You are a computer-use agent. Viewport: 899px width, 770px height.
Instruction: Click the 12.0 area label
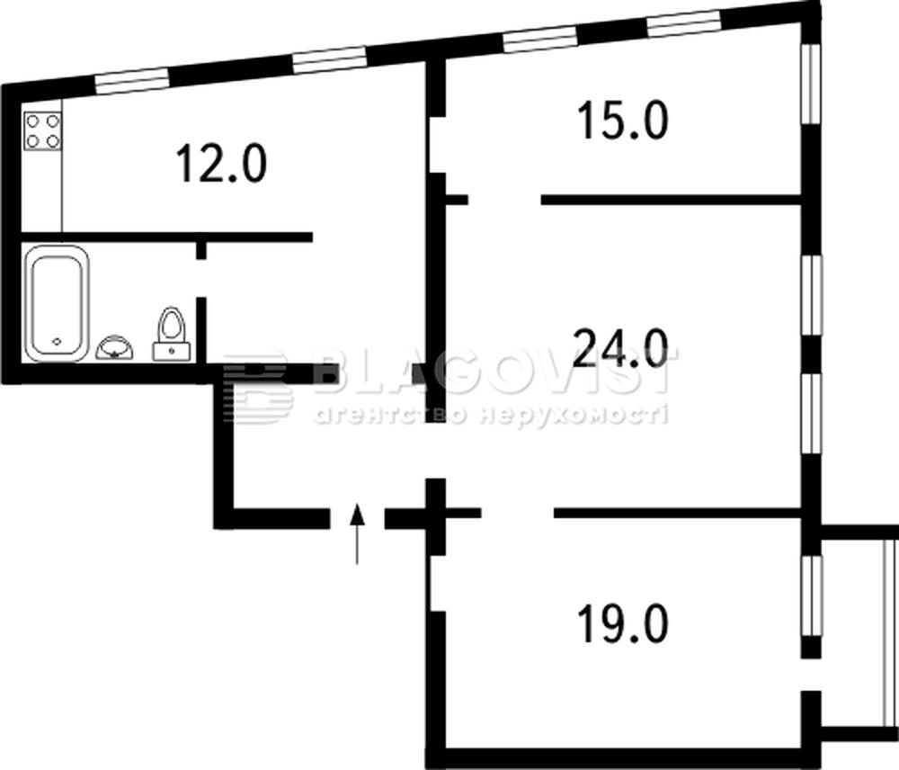click(x=221, y=163)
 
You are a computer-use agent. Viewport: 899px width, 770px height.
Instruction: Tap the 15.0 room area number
click(x=623, y=120)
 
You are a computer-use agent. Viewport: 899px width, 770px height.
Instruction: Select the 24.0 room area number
click(x=621, y=348)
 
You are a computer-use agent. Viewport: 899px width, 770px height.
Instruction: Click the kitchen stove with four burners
click(x=43, y=130)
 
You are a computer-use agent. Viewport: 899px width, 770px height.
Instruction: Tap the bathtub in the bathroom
click(x=56, y=303)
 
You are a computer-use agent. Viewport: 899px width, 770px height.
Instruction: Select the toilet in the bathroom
click(x=172, y=335)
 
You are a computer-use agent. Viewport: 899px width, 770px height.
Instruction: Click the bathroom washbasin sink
click(x=115, y=347)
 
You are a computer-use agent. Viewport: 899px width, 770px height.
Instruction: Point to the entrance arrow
click(x=357, y=533)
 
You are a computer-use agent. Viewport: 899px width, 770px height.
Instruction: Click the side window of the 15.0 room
click(x=811, y=84)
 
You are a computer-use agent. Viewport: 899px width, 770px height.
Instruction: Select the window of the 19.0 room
click(x=811, y=595)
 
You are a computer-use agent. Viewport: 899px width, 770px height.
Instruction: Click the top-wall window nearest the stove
click(x=131, y=81)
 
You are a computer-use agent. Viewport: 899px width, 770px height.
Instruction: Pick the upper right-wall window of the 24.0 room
click(x=811, y=294)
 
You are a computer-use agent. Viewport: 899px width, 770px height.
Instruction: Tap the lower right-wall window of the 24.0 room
click(x=811, y=414)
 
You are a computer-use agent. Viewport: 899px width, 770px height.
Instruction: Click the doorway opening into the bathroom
click(x=200, y=278)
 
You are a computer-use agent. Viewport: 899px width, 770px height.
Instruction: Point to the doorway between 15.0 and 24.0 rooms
click(x=504, y=201)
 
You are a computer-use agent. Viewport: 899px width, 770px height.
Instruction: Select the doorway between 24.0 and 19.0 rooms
click(x=517, y=513)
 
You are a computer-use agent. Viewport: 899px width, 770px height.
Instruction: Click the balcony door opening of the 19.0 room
click(x=811, y=675)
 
